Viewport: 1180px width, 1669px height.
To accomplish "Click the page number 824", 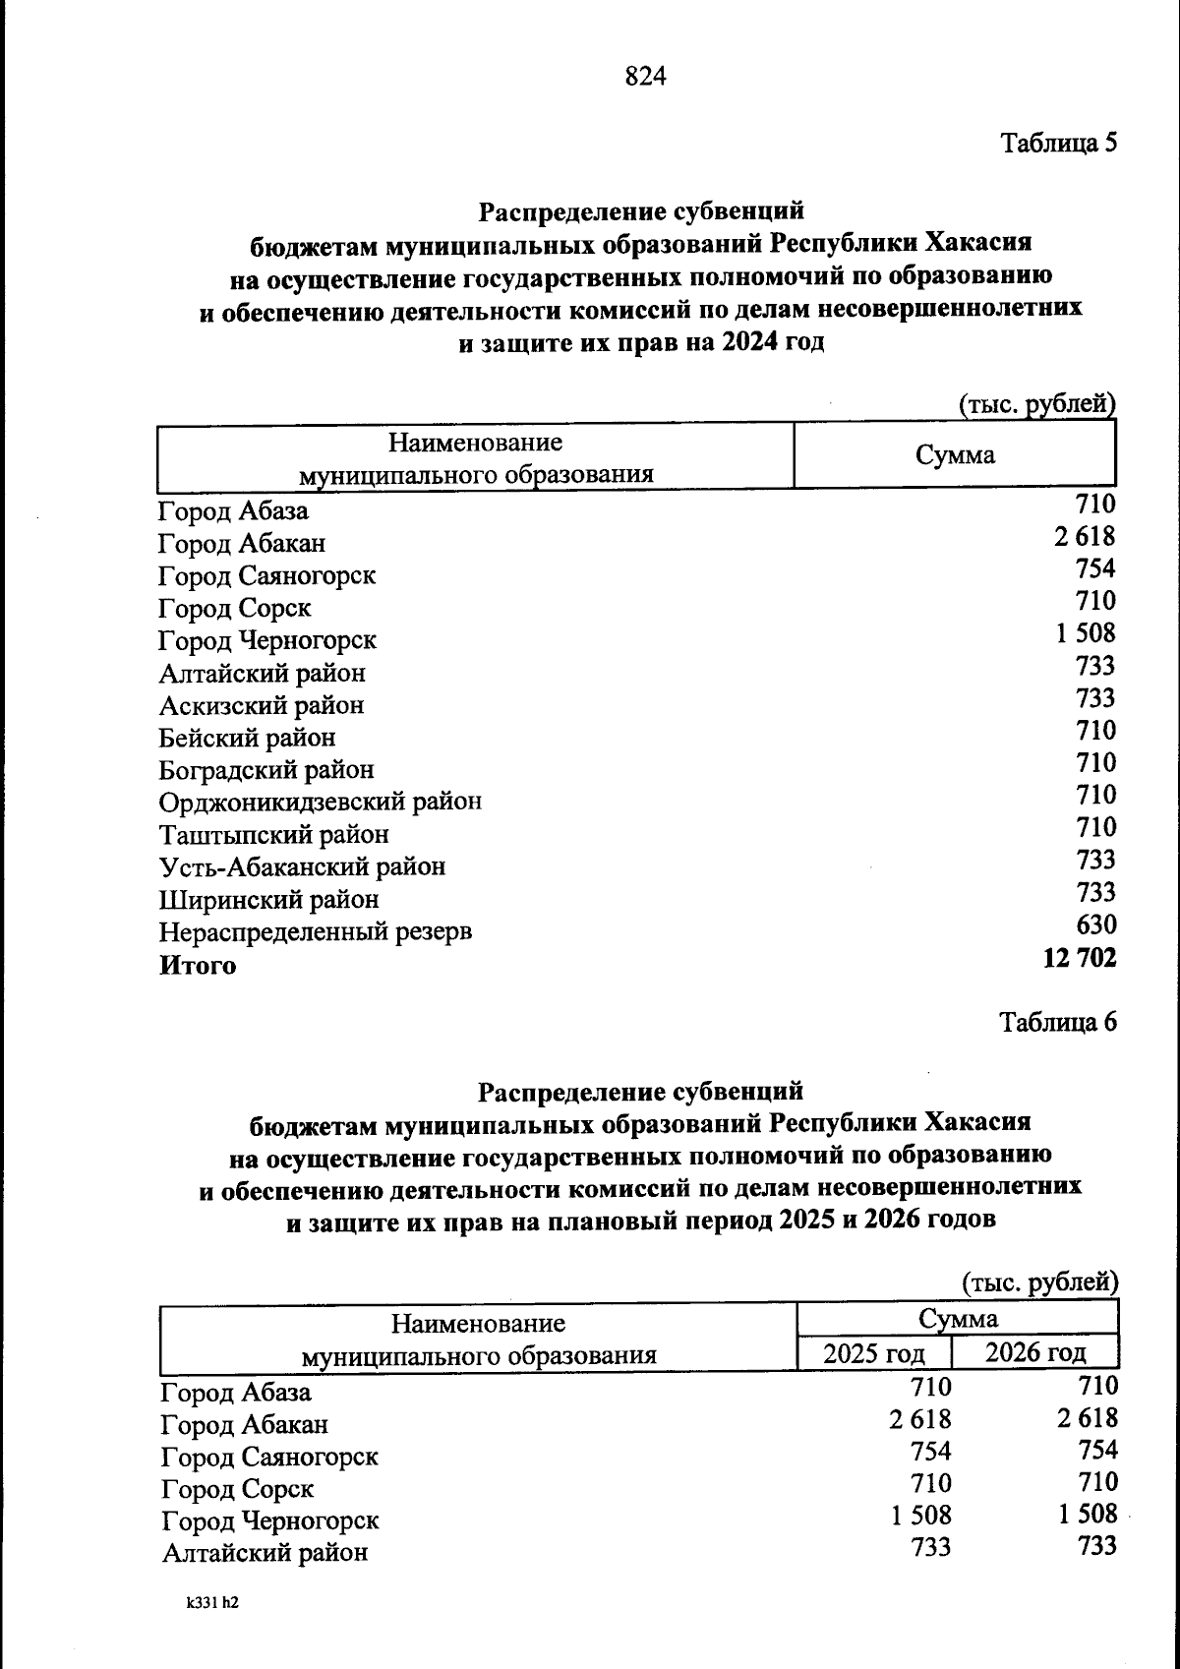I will pos(645,76).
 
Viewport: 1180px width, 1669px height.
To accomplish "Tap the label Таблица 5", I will pos(1058,144).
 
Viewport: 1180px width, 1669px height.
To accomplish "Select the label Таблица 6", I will pos(1058,1022).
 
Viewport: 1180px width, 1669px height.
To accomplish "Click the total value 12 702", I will pos(1079,957).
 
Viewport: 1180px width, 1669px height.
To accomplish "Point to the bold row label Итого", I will pos(198,965).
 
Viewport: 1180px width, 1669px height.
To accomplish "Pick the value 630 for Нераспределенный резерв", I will pos(1095,924).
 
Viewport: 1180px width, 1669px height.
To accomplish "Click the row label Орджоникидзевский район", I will pos(320,802).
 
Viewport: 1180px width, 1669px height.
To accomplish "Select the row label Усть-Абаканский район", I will pos(302,866).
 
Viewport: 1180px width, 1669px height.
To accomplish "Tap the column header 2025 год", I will pos(873,1353).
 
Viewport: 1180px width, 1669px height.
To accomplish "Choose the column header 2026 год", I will pos(1034,1352).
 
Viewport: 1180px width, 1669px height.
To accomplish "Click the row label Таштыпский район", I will pos(273,834).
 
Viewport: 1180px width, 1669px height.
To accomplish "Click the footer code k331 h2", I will pos(212,1602).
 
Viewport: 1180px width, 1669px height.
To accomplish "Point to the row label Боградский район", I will pos(266,769).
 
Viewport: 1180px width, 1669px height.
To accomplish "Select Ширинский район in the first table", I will pos(268,899).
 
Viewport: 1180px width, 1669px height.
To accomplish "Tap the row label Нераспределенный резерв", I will pos(315,931).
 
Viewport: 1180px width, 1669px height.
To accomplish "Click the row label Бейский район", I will pos(247,737).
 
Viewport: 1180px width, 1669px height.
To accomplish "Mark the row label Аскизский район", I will pos(261,705).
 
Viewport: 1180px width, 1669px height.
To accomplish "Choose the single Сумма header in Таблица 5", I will pos(954,455).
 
